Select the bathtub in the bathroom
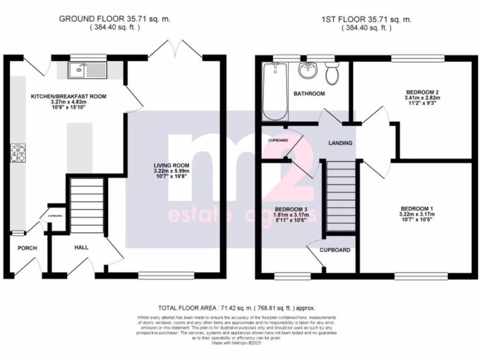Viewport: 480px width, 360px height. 274,91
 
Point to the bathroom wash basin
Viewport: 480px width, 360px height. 308,72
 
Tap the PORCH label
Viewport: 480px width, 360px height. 27,248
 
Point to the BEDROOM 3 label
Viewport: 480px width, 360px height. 291,209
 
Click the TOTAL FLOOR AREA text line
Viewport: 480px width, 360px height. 236,308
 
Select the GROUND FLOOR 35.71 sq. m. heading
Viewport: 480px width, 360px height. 115,19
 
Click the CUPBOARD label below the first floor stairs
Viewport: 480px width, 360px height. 335,250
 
